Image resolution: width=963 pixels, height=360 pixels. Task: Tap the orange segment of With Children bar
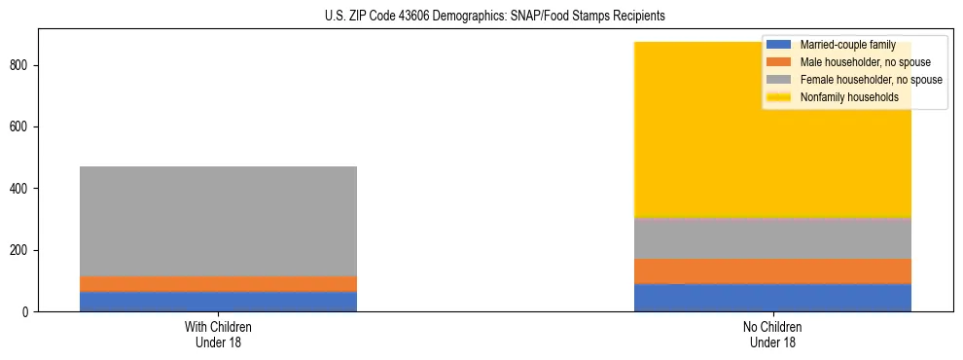pos(218,283)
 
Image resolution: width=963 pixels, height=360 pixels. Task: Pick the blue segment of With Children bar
pos(218,302)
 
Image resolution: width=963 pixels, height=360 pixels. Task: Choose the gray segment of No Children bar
pos(772,238)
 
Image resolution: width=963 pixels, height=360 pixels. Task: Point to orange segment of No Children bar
pos(772,270)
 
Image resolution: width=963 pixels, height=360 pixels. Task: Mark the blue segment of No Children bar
pos(772,298)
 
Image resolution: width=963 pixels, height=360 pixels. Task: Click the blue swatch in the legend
pos(779,45)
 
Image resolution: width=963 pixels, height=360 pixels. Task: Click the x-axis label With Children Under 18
pos(218,334)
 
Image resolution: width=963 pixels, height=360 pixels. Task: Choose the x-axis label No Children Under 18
pos(772,334)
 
